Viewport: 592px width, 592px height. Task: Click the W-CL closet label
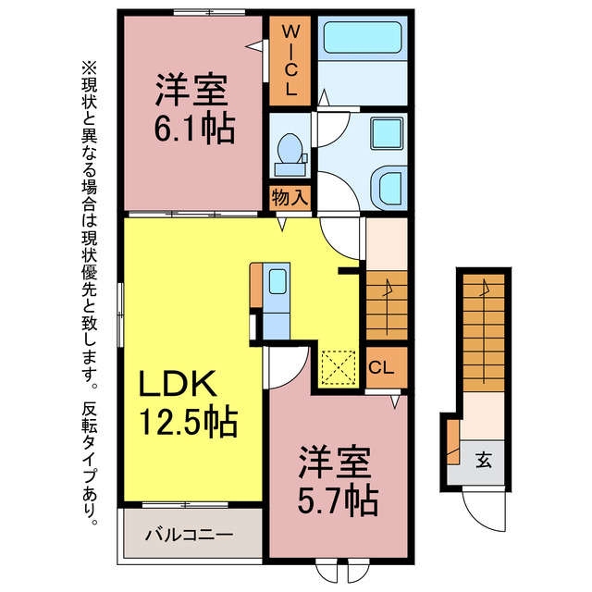point(289,61)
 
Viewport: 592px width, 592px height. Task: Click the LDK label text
point(178,384)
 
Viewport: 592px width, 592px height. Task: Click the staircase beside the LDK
point(387,305)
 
